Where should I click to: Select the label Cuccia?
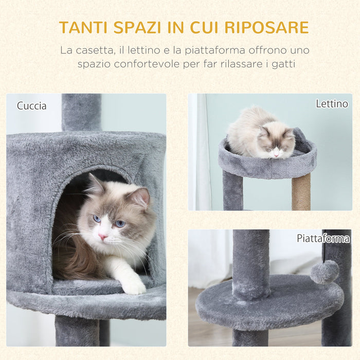coord(31,106)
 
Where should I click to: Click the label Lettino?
coord(332,104)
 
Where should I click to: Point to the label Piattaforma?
coord(322,238)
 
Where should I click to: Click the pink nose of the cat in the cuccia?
coord(103,237)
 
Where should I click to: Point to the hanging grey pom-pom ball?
coord(325,272)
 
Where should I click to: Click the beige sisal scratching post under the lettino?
coord(301,191)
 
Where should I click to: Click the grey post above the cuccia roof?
coord(81,112)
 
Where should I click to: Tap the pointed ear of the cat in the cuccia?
coord(139,196)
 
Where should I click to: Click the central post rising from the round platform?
coord(250,262)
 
